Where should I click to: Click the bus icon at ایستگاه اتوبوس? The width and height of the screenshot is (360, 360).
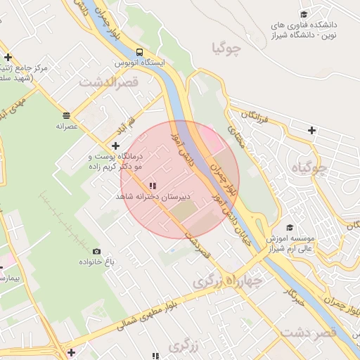[x=139, y=52]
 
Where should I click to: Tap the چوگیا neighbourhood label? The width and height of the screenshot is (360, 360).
[x=226, y=49]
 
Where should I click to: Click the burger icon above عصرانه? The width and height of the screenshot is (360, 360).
[x=66, y=115]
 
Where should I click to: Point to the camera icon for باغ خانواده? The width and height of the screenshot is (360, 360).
[x=96, y=252]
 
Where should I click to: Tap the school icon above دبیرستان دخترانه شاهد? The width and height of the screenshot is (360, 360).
[x=153, y=186]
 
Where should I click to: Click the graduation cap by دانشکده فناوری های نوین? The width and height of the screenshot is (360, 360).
[x=304, y=15]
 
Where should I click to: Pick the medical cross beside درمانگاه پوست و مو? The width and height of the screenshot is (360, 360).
[x=116, y=145]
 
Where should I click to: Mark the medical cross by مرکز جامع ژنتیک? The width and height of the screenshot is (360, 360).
[x=8, y=58]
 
